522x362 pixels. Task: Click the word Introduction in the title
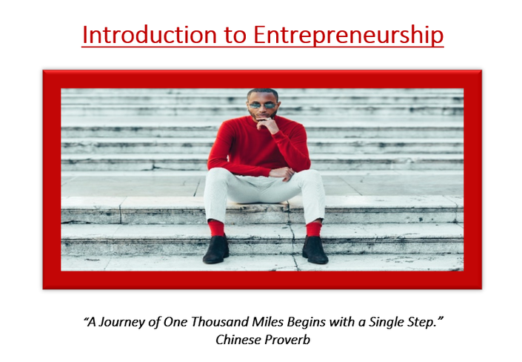pyautogui.click(x=149, y=34)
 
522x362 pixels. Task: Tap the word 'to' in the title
pyautogui.click(x=235, y=36)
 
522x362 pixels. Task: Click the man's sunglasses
pyautogui.click(x=263, y=105)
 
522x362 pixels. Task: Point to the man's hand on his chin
pyautogui.click(x=267, y=125)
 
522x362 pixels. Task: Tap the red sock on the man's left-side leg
pyautogui.click(x=216, y=228)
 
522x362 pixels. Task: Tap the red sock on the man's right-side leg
pyautogui.click(x=314, y=229)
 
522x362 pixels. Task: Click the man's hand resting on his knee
pyautogui.click(x=282, y=173)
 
